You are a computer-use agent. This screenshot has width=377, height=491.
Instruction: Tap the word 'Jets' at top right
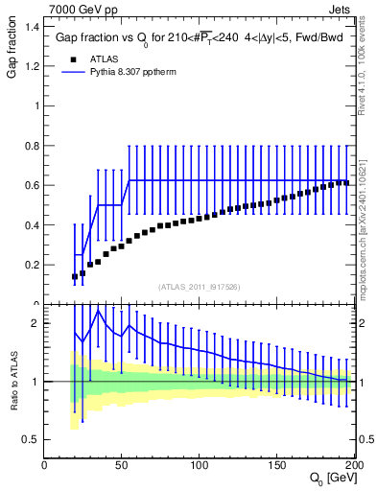click(x=341, y=9)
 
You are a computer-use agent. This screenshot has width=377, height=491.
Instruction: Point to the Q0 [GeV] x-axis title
click(x=331, y=478)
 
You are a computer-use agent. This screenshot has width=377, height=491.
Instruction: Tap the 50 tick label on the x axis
click(x=122, y=463)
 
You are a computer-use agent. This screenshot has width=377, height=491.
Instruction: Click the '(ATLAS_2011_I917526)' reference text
click(x=200, y=287)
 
